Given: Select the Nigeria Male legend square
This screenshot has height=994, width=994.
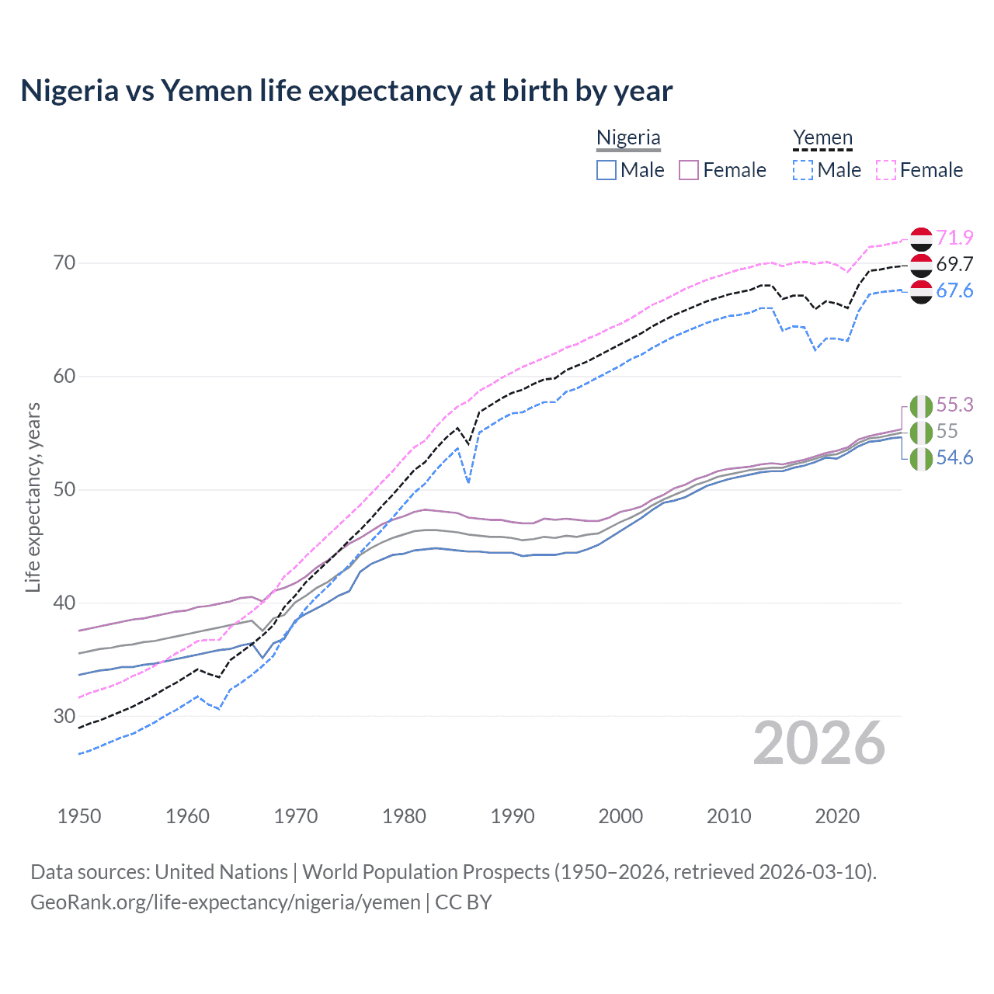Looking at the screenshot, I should pos(606,170).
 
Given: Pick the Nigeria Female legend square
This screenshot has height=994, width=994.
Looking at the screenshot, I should pos(689,170).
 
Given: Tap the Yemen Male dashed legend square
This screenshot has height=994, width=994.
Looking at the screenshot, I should pos(803,170).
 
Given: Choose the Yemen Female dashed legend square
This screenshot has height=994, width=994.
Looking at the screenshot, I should pos(886,170).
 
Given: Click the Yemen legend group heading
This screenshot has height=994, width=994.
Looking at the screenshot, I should pos(822,138).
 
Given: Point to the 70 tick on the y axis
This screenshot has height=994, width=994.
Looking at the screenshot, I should pos(65,263).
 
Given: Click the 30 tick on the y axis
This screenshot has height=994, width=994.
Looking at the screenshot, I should pos(65,716).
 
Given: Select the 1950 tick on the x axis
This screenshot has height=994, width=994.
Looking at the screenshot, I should pos(79,816).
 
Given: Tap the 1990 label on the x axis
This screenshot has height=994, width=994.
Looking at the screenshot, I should pos(513,816).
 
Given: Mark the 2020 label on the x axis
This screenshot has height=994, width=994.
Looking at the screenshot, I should pos(837,816).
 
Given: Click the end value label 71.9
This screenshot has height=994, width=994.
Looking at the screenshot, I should pos(954,238).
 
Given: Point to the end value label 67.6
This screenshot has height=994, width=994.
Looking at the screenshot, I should pos(954,290).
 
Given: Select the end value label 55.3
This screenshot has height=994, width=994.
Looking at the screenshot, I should pos(954,405).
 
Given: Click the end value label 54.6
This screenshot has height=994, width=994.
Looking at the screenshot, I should pos(954,457).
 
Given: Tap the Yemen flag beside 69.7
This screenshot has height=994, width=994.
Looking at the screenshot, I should pos(921,265).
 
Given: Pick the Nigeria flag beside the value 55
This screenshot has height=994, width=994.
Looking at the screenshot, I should pos(921,432).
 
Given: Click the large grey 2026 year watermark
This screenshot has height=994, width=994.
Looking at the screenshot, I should pos(819,743).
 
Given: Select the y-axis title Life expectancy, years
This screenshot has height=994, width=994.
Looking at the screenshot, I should pos(33,497).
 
